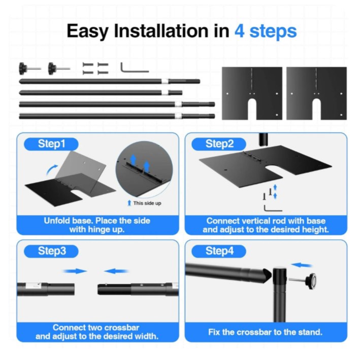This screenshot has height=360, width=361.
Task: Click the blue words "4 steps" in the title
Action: coord(266,31)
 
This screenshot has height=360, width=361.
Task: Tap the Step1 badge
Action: coord(51,144)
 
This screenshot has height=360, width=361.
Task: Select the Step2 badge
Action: coord(219,144)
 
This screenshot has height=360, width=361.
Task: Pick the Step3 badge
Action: coord(51,251)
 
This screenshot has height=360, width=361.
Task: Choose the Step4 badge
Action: coord(219,251)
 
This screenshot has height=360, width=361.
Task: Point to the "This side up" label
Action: coord(147,203)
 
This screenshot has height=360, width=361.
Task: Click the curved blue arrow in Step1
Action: coord(51,170)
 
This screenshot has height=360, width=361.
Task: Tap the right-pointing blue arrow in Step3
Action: coord(75,271)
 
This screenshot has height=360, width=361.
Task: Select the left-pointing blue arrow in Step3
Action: coord(116,271)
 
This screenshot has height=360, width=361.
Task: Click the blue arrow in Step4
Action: coord(302,265)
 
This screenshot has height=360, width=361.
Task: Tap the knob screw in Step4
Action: coord(303,280)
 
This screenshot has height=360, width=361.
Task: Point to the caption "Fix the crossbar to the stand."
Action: coord(265,332)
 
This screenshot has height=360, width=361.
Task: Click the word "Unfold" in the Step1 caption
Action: coord(57,221)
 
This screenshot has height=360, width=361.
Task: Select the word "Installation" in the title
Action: coord(161,31)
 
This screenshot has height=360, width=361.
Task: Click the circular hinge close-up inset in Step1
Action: coord(144,169)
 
